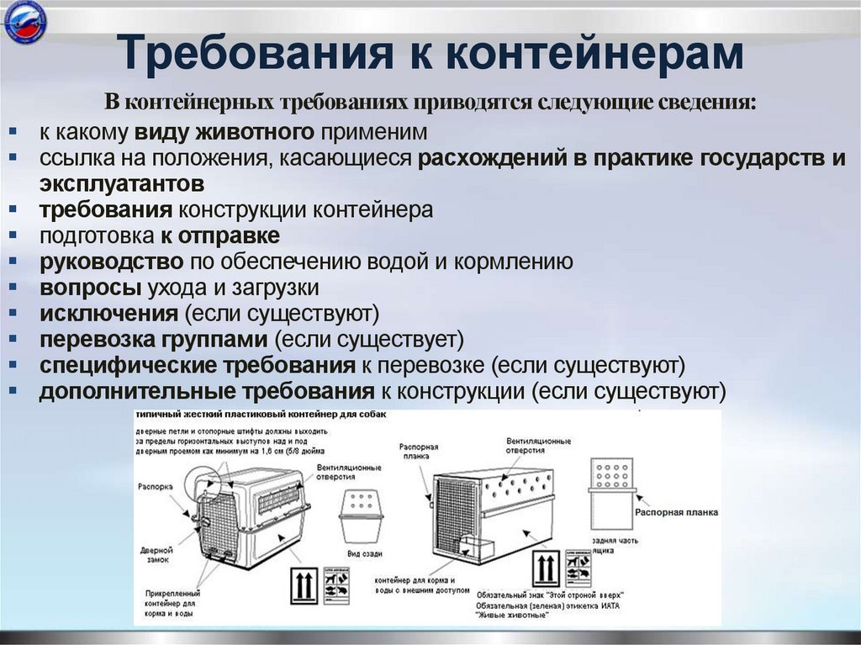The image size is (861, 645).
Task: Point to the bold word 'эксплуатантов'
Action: (x=121, y=183)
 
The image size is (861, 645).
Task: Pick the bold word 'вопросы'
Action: (x=90, y=288)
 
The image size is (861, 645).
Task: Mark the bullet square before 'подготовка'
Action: (x=18, y=235)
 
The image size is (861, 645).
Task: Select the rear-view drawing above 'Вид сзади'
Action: (x=362, y=516)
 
